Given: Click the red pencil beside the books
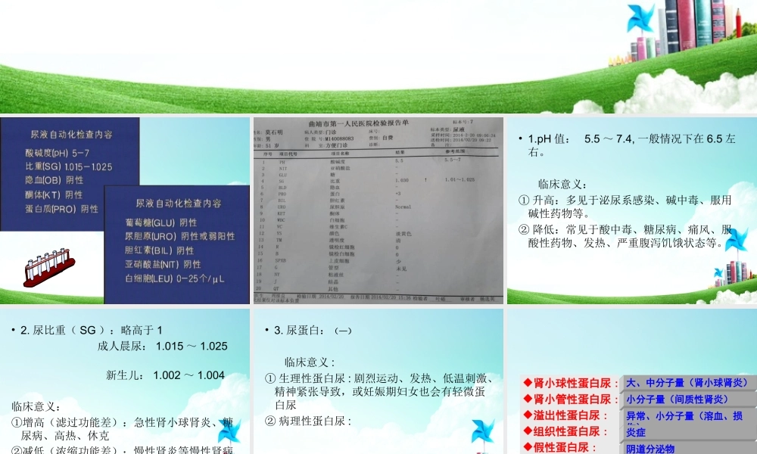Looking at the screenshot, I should point(737,22).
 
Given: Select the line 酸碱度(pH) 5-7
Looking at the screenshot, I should point(58,152).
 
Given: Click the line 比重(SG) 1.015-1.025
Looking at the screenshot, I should point(68,166).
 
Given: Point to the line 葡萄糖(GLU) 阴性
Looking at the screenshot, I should point(160,222).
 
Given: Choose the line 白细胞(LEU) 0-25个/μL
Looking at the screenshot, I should point(175,278).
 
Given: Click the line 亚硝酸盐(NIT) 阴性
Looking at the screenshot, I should point(163,264).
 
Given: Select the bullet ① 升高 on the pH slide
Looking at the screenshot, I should point(625,207).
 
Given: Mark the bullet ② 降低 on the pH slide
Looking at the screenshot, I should point(625,235).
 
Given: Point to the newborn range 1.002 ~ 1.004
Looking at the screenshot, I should point(165,375).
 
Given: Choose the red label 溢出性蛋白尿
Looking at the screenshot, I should point(566,415).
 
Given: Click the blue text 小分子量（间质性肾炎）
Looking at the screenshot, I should point(677,400).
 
